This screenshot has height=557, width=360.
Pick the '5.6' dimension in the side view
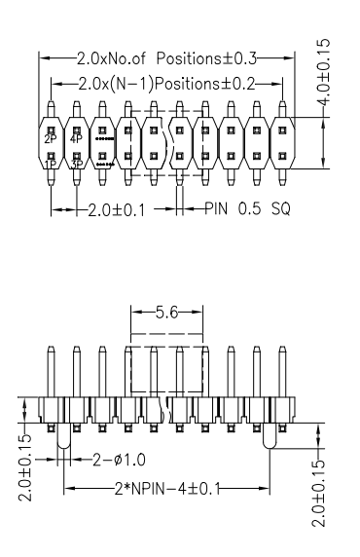click(x=166, y=315)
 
